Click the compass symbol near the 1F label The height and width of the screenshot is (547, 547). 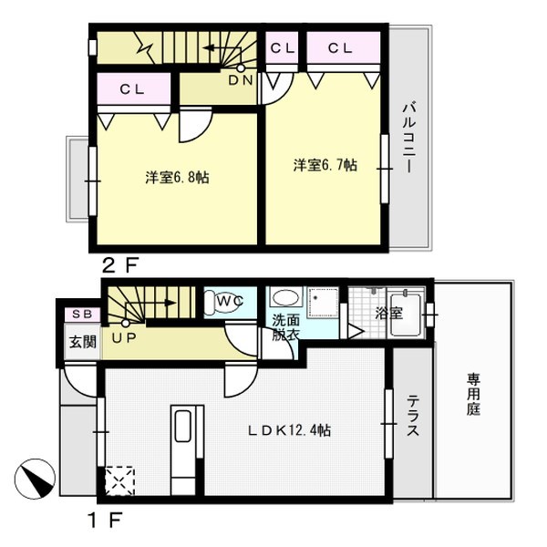pyautogui.click(x=35, y=479)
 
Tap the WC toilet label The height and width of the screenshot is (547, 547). pyautogui.click(x=230, y=301)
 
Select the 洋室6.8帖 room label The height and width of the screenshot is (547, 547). pyautogui.click(x=177, y=177)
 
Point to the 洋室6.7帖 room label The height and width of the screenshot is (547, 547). pyautogui.click(x=325, y=165)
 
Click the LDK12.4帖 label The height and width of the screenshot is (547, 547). pyautogui.click(x=290, y=430)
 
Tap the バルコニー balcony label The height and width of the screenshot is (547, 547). pyautogui.click(x=408, y=137)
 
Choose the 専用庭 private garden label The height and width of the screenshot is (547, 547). pyautogui.click(x=473, y=394)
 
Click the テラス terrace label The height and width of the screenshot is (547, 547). pyautogui.click(x=413, y=415)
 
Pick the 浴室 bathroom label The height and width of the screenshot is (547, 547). pyautogui.click(x=389, y=313)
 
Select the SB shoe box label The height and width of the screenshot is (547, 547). pyautogui.click(x=82, y=314)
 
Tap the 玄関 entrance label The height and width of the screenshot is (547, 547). pyautogui.click(x=83, y=342)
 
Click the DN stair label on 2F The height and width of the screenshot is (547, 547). pyautogui.click(x=241, y=80)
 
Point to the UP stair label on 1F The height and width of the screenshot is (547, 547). pyautogui.click(x=124, y=337)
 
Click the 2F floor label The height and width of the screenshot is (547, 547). pyautogui.click(x=120, y=265)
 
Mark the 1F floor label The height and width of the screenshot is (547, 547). pyautogui.click(x=105, y=521)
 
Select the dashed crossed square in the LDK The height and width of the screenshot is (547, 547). pyautogui.click(x=119, y=480)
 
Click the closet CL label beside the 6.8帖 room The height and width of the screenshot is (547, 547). pyautogui.click(x=132, y=89)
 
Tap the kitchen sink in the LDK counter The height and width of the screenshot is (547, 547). pyautogui.click(x=183, y=426)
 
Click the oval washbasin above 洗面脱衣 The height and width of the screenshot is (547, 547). pyautogui.click(x=286, y=298)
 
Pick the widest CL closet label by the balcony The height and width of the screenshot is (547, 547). pyautogui.click(x=340, y=47)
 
